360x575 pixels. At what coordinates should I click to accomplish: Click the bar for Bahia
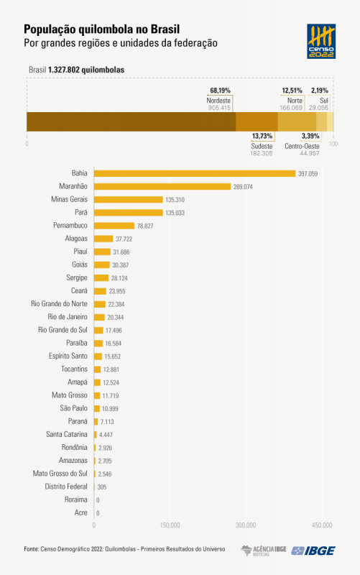195,173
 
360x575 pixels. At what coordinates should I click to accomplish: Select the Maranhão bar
162,186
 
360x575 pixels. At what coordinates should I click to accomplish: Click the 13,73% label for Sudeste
262,136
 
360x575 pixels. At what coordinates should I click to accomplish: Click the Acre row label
80,512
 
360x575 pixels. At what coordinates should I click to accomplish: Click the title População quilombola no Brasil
101,29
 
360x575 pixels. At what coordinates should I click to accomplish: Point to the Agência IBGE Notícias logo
264,550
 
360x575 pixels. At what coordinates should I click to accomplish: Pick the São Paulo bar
98,408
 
